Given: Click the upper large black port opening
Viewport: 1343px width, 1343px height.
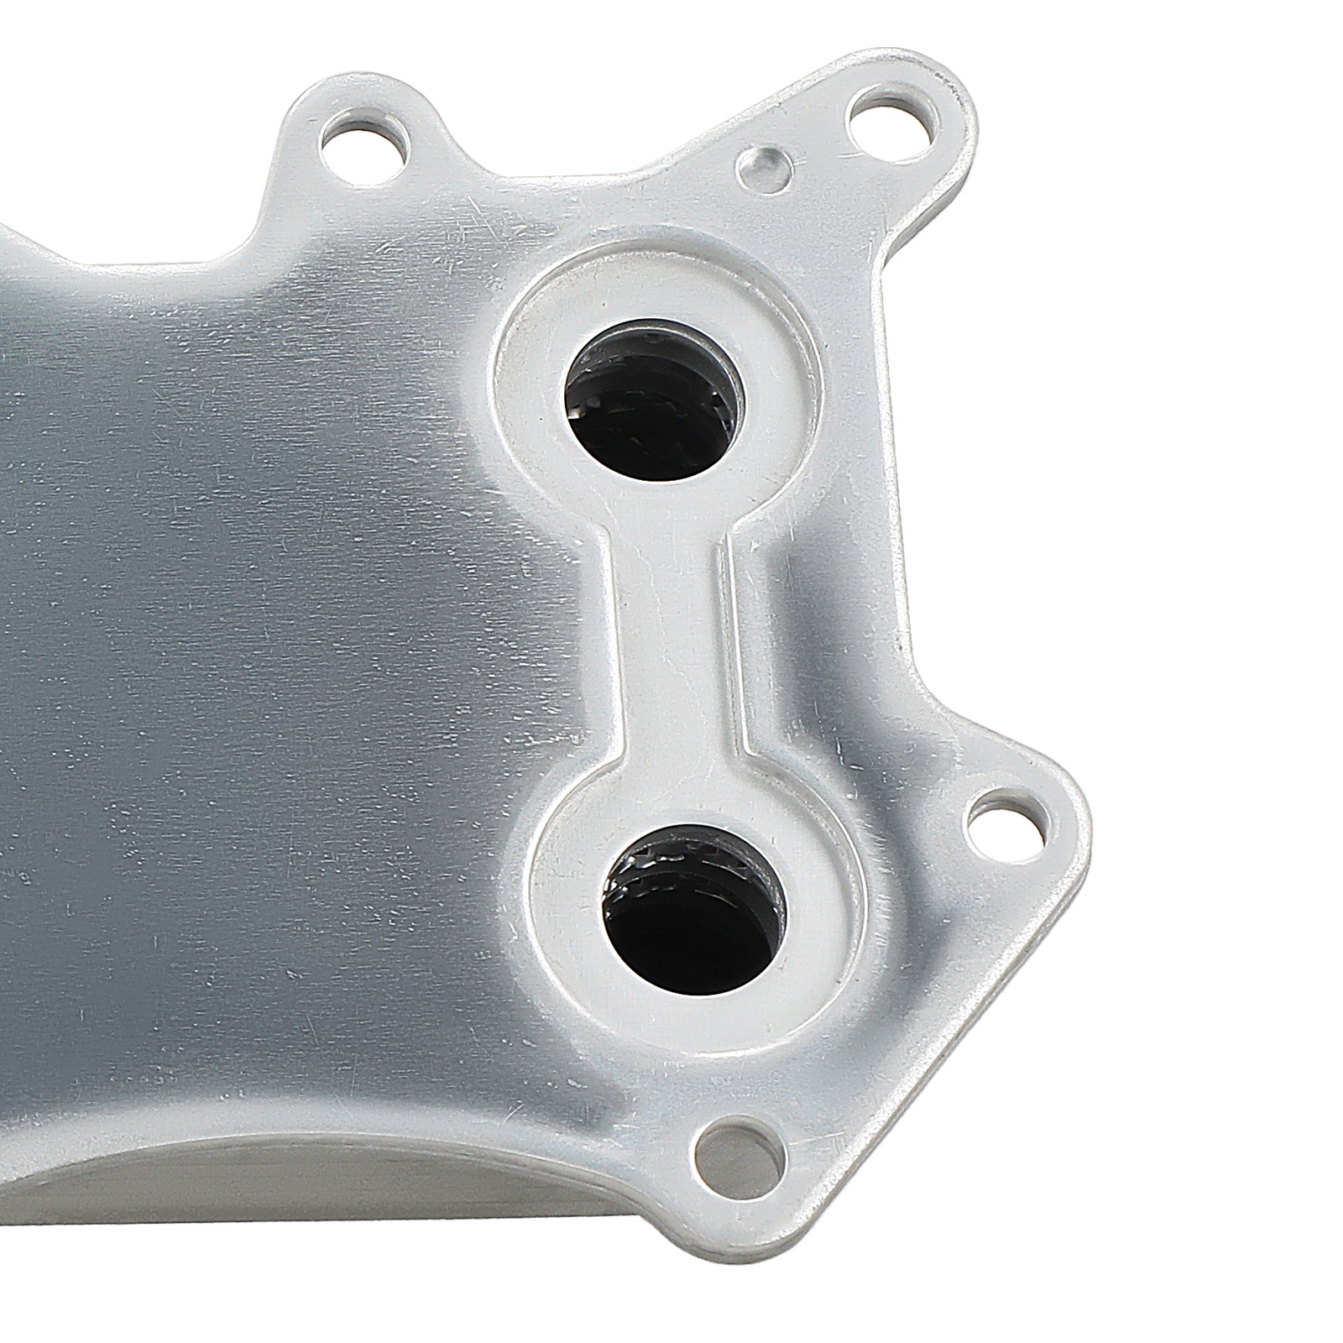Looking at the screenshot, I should (x=652, y=385).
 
